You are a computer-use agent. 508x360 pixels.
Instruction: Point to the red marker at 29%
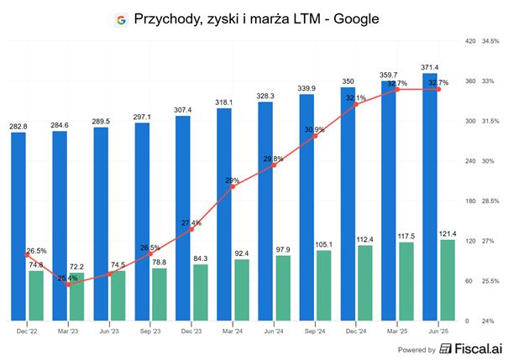[x=233, y=186]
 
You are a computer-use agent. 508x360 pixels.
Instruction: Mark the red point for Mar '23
[x=69, y=284]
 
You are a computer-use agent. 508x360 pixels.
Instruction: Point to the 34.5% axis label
[x=490, y=41]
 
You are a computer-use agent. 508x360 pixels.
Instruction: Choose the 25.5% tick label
[x=490, y=280]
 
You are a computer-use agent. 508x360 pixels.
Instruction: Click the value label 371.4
[x=430, y=66]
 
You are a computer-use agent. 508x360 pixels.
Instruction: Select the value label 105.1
[x=323, y=244]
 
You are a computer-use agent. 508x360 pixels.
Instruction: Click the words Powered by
[x=416, y=349]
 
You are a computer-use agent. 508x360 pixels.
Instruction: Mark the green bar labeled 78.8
[x=158, y=293]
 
